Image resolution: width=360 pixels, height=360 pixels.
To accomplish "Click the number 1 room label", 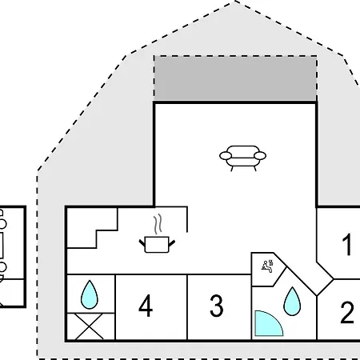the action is tap(347, 245).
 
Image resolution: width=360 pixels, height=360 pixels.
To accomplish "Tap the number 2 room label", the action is tap(347, 312).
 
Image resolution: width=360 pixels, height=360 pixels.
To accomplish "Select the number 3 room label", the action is tap(216, 306).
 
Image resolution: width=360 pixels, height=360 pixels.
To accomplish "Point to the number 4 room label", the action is tap(146, 306).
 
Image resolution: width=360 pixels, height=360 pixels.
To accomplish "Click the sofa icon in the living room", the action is tap(242, 158).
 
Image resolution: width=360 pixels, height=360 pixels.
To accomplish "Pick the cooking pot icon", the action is tap(157, 245).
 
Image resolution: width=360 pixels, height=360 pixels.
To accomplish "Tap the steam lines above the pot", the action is tap(158, 223).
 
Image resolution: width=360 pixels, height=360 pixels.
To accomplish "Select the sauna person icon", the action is tap(267, 266).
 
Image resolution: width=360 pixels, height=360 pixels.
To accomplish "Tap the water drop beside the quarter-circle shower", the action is tap(292, 302).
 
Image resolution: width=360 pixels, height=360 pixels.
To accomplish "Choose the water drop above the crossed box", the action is tap(90, 295).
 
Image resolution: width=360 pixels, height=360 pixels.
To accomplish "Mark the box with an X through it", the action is tap(90, 326).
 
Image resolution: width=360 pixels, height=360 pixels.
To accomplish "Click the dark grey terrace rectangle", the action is tap(235, 78).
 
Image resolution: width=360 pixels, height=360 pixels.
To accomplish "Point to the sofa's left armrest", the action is tap(226, 155).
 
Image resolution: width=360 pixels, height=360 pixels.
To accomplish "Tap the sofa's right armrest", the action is tap(260, 155).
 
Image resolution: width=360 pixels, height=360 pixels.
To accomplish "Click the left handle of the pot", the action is tap(142, 243).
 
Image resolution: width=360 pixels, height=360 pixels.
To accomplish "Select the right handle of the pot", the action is tap(172, 243).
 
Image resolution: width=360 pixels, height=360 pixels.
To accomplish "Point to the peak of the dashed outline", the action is tap(234, 2).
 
